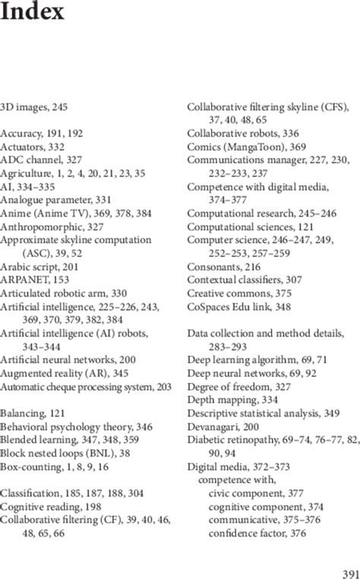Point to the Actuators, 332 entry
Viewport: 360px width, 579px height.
click(x=33, y=145)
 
